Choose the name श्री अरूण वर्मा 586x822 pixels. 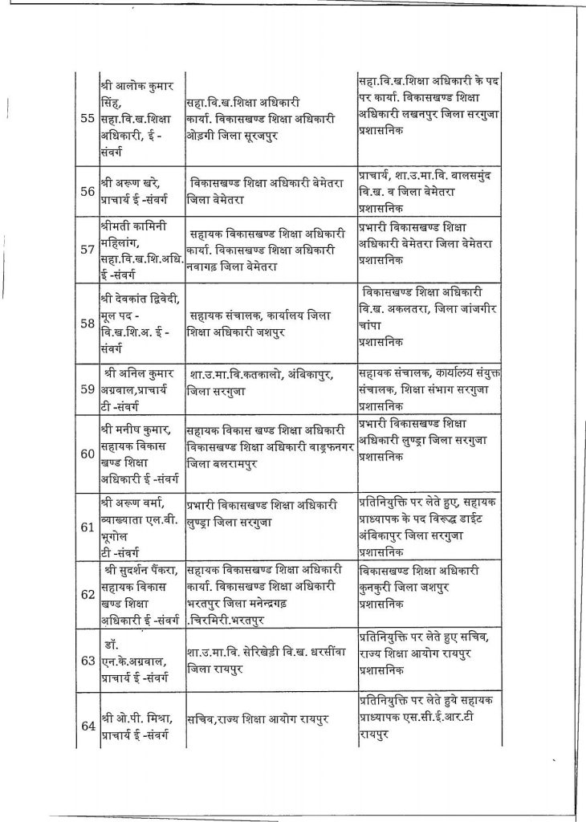tap(131, 504)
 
